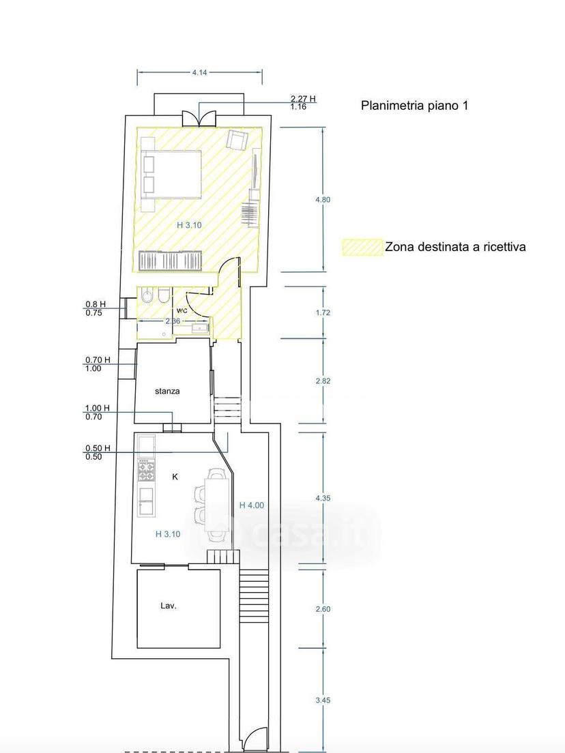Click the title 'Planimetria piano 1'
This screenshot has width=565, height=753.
tap(414, 105)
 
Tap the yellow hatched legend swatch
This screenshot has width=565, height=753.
tap(363, 247)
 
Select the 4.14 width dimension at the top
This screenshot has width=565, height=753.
tap(199, 72)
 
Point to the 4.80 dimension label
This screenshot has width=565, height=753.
tap(322, 199)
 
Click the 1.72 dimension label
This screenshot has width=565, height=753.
tap(323, 312)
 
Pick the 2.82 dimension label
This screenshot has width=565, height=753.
tap(323, 381)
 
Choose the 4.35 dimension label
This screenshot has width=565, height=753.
tap(323, 499)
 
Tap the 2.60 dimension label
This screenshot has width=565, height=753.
tap(323, 609)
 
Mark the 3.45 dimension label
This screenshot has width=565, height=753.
tap(323, 700)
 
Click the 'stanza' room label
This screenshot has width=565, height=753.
tap(167, 392)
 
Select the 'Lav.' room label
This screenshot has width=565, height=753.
tap(168, 606)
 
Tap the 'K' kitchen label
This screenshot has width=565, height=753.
tap(175, 476)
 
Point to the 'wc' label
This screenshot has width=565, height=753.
tap(182, 310)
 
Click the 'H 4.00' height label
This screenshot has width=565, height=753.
tap(252, 505)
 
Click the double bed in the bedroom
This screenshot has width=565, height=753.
tap(171, 174)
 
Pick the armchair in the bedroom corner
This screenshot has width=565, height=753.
tap(237, 139)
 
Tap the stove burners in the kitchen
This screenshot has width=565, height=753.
tap(147, 471)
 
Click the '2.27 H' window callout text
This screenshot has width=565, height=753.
tap(303, 99)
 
